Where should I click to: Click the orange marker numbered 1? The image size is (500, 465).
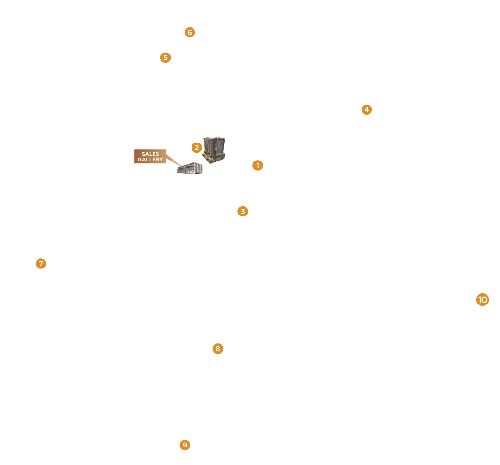[x=258, y=165]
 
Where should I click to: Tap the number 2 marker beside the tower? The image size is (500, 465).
[x=196, y=147]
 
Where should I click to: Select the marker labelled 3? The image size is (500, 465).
[x=243, y=211]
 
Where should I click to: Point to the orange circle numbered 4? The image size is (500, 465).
[x=366, y=109]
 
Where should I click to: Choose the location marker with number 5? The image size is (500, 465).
[x=165, y=57]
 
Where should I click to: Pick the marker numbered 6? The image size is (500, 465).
[x=190, y=33]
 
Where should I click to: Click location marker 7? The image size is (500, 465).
[x=41, y=264]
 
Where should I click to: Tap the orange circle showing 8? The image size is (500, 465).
[x=218, y=349]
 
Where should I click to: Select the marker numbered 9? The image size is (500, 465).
[x=185, y=445]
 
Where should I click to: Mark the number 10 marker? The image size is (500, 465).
[x=482, y=300]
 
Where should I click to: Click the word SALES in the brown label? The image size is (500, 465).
[x=150, y=154]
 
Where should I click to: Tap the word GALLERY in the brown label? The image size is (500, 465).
[x=150, y=160]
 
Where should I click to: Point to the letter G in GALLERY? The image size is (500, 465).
[x=139, y=160]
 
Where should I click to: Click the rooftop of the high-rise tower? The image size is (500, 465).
[x=214, y=139]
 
